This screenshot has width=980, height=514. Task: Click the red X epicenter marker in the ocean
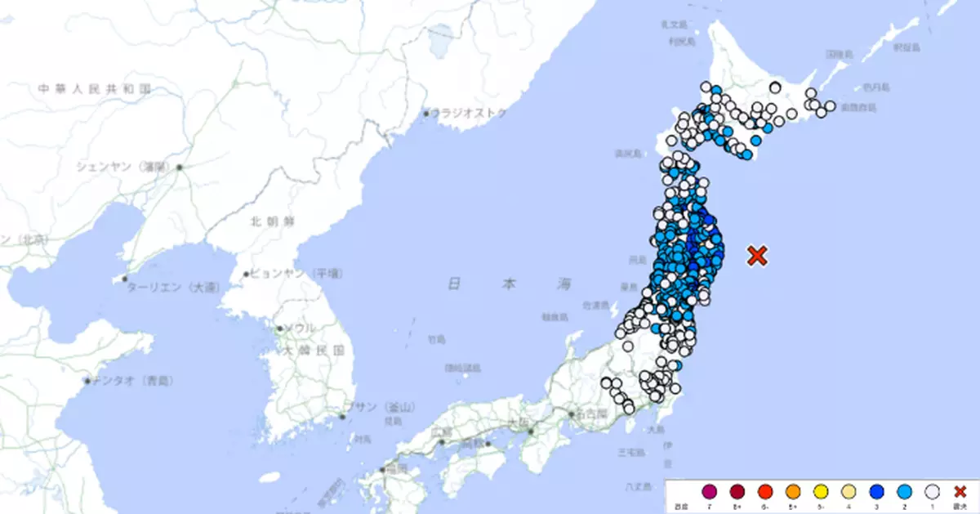point(757,256)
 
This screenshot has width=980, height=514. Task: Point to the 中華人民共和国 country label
point(95,87)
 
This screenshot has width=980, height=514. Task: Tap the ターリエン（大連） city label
point(172,288)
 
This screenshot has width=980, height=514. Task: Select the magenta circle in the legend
point(710,491)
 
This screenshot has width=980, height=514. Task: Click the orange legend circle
point(792,491)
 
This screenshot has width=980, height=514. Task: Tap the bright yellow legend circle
point(820,491)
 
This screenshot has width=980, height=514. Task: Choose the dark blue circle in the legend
point(875,491)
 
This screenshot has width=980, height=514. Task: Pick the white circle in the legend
point(931,491)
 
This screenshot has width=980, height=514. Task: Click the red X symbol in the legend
point(960,491)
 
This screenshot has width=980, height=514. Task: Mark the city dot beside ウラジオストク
point(426,114)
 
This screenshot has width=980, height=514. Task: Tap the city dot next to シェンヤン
point(179,168)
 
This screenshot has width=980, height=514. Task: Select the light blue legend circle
point(903,491)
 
